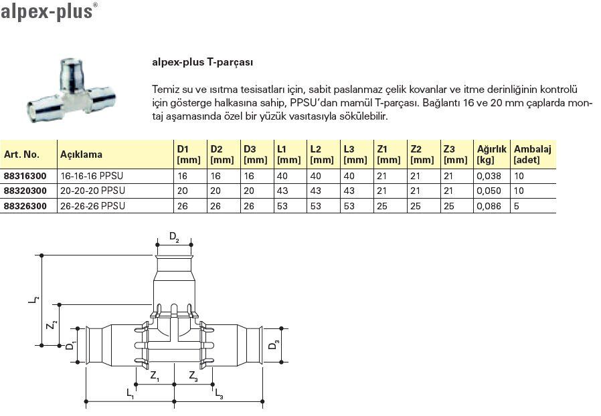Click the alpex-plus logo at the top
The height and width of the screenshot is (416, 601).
(47, 11)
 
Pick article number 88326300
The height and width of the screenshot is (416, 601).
(25, 206)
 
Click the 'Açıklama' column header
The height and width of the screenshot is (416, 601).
(82, 154)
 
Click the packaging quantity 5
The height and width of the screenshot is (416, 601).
(515, 206)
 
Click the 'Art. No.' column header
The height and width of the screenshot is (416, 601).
(21, 154)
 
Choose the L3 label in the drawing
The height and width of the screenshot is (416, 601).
(219, 395)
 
